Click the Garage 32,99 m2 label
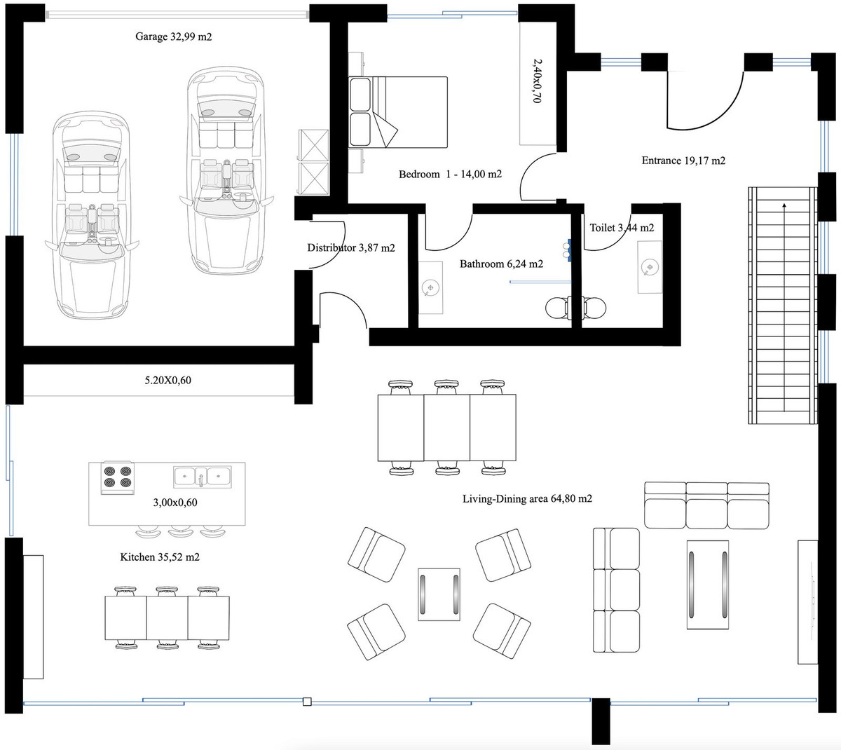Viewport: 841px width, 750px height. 173,37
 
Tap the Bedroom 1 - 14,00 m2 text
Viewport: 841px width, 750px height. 450,175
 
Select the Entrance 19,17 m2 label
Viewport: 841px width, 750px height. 683,161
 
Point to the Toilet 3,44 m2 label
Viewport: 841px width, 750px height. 622,228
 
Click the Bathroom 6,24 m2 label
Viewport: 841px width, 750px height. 501,264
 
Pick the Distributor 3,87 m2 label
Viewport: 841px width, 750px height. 351,248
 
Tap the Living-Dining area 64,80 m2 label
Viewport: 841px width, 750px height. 527,499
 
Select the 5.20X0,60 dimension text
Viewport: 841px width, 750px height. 167,381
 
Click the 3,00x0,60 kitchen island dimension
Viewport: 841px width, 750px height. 175,503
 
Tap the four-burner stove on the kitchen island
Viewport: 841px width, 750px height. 117,477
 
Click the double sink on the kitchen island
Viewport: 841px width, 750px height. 202,477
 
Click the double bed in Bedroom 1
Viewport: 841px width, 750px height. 398,112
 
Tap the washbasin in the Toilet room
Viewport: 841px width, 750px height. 650,267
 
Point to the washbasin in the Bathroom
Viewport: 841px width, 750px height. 431,287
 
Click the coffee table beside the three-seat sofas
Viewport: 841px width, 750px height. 707,584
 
